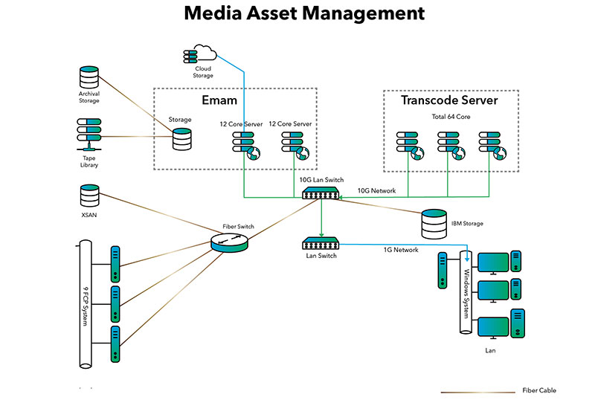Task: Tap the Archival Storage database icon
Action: tap(89, 77)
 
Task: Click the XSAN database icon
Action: tap(89, 196)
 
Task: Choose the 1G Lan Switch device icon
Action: tap(321, 242)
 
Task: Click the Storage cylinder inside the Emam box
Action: tap(180, 139)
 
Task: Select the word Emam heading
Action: tap(219, 100)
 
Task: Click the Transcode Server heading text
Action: tap(449, 100)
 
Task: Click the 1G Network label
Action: tap(402, 250)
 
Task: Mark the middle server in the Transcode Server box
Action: tap(449, 144)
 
